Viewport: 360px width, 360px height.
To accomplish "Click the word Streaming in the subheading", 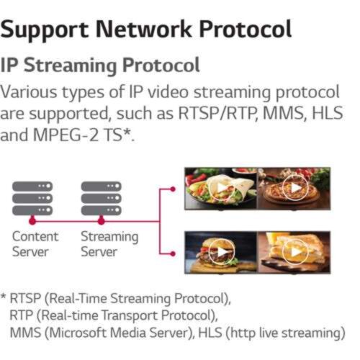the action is pyautogui.click(x=71, y=66).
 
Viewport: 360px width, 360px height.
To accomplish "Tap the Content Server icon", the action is pyautogui.click(x=32, y=199).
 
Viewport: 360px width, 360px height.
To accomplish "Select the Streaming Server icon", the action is pyautogui.click(x=102, y=199).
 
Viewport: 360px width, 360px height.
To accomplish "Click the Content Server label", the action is pyautogui.click(x=35, y=244).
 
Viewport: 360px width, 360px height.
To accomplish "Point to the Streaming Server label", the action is pyautogui.click(x=109, y=244).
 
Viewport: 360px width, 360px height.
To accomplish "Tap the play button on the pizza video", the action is pyautogui.click(x=295, y=188).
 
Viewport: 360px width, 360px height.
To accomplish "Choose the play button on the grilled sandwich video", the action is pyautogui.click(x=295, y=252).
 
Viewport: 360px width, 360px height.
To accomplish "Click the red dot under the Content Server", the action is pyautogui.click(x=32, y=221).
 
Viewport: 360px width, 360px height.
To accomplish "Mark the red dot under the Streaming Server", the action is pyautogui.click(x=102, y=221).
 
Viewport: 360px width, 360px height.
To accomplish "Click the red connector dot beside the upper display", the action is pyautogui.click(x=173, y=189).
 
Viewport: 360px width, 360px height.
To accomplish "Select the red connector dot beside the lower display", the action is pyautogui.click(x=173, y=253).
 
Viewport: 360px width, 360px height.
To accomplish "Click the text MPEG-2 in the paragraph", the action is pyautogui.click(x=66, y=135).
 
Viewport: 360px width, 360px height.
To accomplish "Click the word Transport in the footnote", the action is pyautogui.click(x=130, y=315).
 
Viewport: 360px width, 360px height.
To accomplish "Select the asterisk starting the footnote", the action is pyautogui.click(x=4, y=296).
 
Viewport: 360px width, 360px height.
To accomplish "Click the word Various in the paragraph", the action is pyautogui.click(x=29, y=92).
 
